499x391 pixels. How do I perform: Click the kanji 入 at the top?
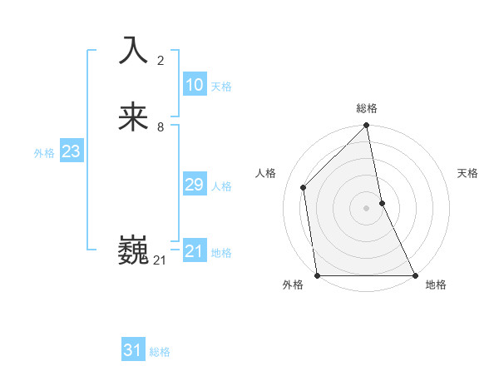tap(134, 51)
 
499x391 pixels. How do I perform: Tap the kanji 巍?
tap(134, 250)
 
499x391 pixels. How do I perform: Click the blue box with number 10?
tap(194, 85)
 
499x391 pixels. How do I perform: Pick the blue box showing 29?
tap(194, 185)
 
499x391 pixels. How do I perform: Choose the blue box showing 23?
tap(71, 151)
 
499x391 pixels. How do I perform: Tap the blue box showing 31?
tap(133, 350)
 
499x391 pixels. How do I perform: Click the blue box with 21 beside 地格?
tap(194, 251)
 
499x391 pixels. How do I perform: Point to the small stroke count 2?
tap(161, 61)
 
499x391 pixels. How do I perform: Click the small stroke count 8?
tap(161, 127)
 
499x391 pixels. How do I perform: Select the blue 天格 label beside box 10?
tap(221, 87)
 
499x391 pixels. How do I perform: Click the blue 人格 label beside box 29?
tap(221, 186)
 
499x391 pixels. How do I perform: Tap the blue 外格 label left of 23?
tap(44, 153)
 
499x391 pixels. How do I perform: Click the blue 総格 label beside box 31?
tap(160, 352)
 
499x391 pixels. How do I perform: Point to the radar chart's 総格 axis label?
tap(367, 109)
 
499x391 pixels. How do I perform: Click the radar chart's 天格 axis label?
tap(468, 173)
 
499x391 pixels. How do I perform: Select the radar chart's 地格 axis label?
tap(436, 285)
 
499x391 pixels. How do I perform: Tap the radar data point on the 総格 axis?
tap(367, 126)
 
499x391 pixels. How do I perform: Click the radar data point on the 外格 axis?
tap(318, 275)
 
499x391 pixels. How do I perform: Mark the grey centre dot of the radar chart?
tap(367, 208)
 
